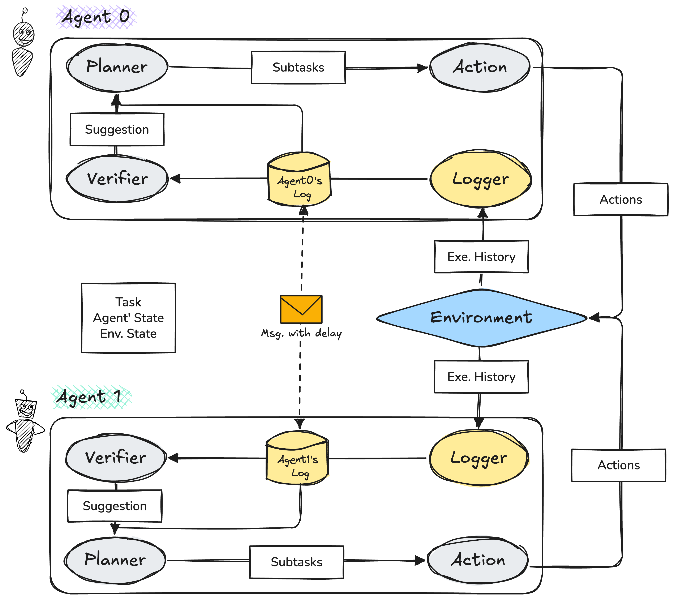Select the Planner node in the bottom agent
click(x=115, y=560)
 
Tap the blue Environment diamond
click(x=481, y=318)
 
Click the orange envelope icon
click(x=301, y=309)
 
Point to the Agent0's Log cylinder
click(x=299, y=180)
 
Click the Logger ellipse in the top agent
click(x=480, y=179)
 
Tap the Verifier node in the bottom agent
click(x=115, y=458)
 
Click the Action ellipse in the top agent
click(x=480, y=67)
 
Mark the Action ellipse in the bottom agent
click(x=478, y=560)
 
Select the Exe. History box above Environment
click(x=481, y=257)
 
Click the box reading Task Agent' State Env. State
click(x=128, y=318)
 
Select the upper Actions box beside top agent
click(x=621, y=200)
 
